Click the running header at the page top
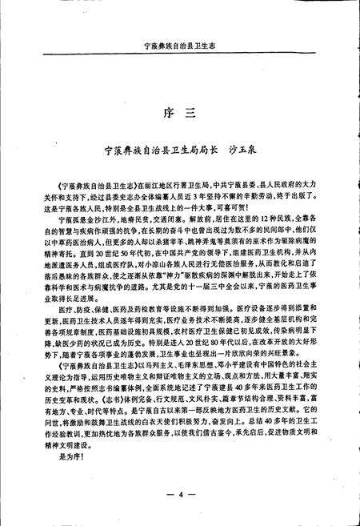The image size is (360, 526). click(x=179, y=47)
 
